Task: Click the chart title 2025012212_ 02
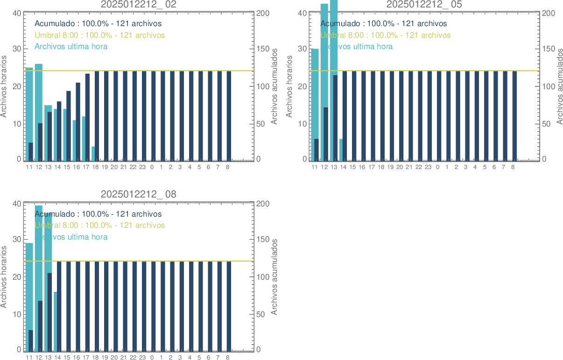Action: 139,5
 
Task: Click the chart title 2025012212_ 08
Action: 139,195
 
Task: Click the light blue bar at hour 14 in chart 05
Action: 341,150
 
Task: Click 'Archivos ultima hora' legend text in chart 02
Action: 71,47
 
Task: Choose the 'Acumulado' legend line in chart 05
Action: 383,24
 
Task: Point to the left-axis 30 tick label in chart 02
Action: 16,49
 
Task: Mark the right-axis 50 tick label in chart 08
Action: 264,314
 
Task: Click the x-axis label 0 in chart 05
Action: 437,167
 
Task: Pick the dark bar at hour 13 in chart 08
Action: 49,311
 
